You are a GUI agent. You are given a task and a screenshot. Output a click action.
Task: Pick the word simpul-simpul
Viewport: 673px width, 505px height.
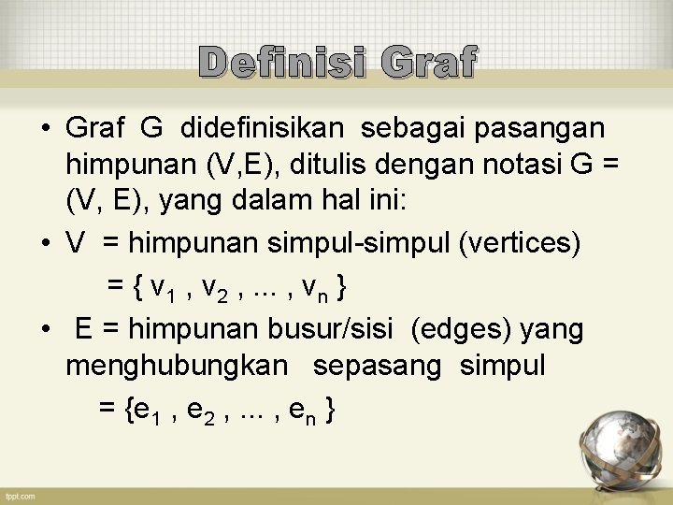359,243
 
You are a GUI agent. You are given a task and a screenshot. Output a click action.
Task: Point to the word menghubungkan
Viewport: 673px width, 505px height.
177,366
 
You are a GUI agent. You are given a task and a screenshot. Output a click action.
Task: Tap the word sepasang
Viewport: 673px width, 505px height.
377,366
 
